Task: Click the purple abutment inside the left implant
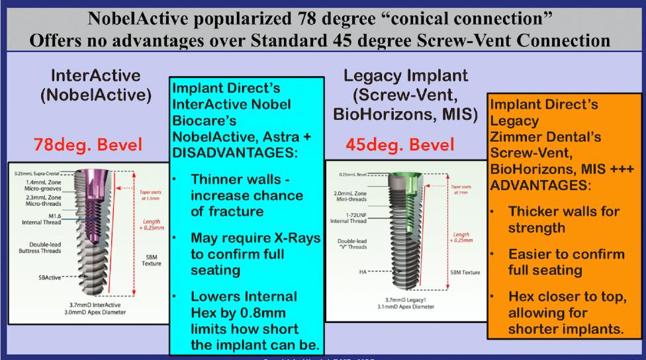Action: (x=101, y=199)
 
